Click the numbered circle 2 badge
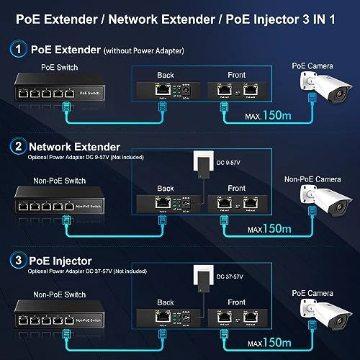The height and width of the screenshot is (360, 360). coord(17,146)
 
